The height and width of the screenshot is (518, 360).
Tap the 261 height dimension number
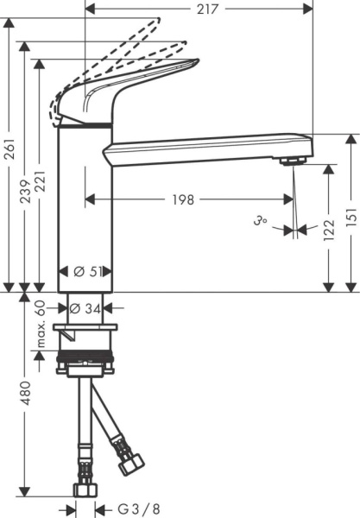pyautogui.click(x=9, y=152)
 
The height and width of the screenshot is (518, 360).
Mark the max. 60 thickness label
pyautogui.click(x=40, y=327)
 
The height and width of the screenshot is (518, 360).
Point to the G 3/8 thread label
pyautogui.click(x=128, y=509)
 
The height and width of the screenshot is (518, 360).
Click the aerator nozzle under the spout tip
pyautogui.click(x=294, y=161)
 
